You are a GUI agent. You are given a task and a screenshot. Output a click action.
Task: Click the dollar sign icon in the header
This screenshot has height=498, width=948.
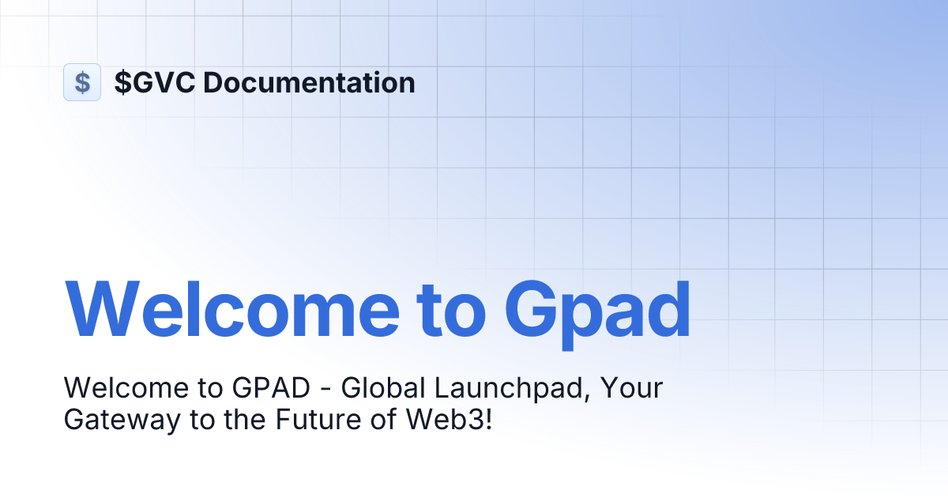coord(82,82)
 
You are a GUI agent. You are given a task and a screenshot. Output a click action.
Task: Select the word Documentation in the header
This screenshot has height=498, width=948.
coord(309,82)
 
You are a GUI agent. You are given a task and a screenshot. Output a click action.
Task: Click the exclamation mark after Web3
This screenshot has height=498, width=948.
coord(487,420)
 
